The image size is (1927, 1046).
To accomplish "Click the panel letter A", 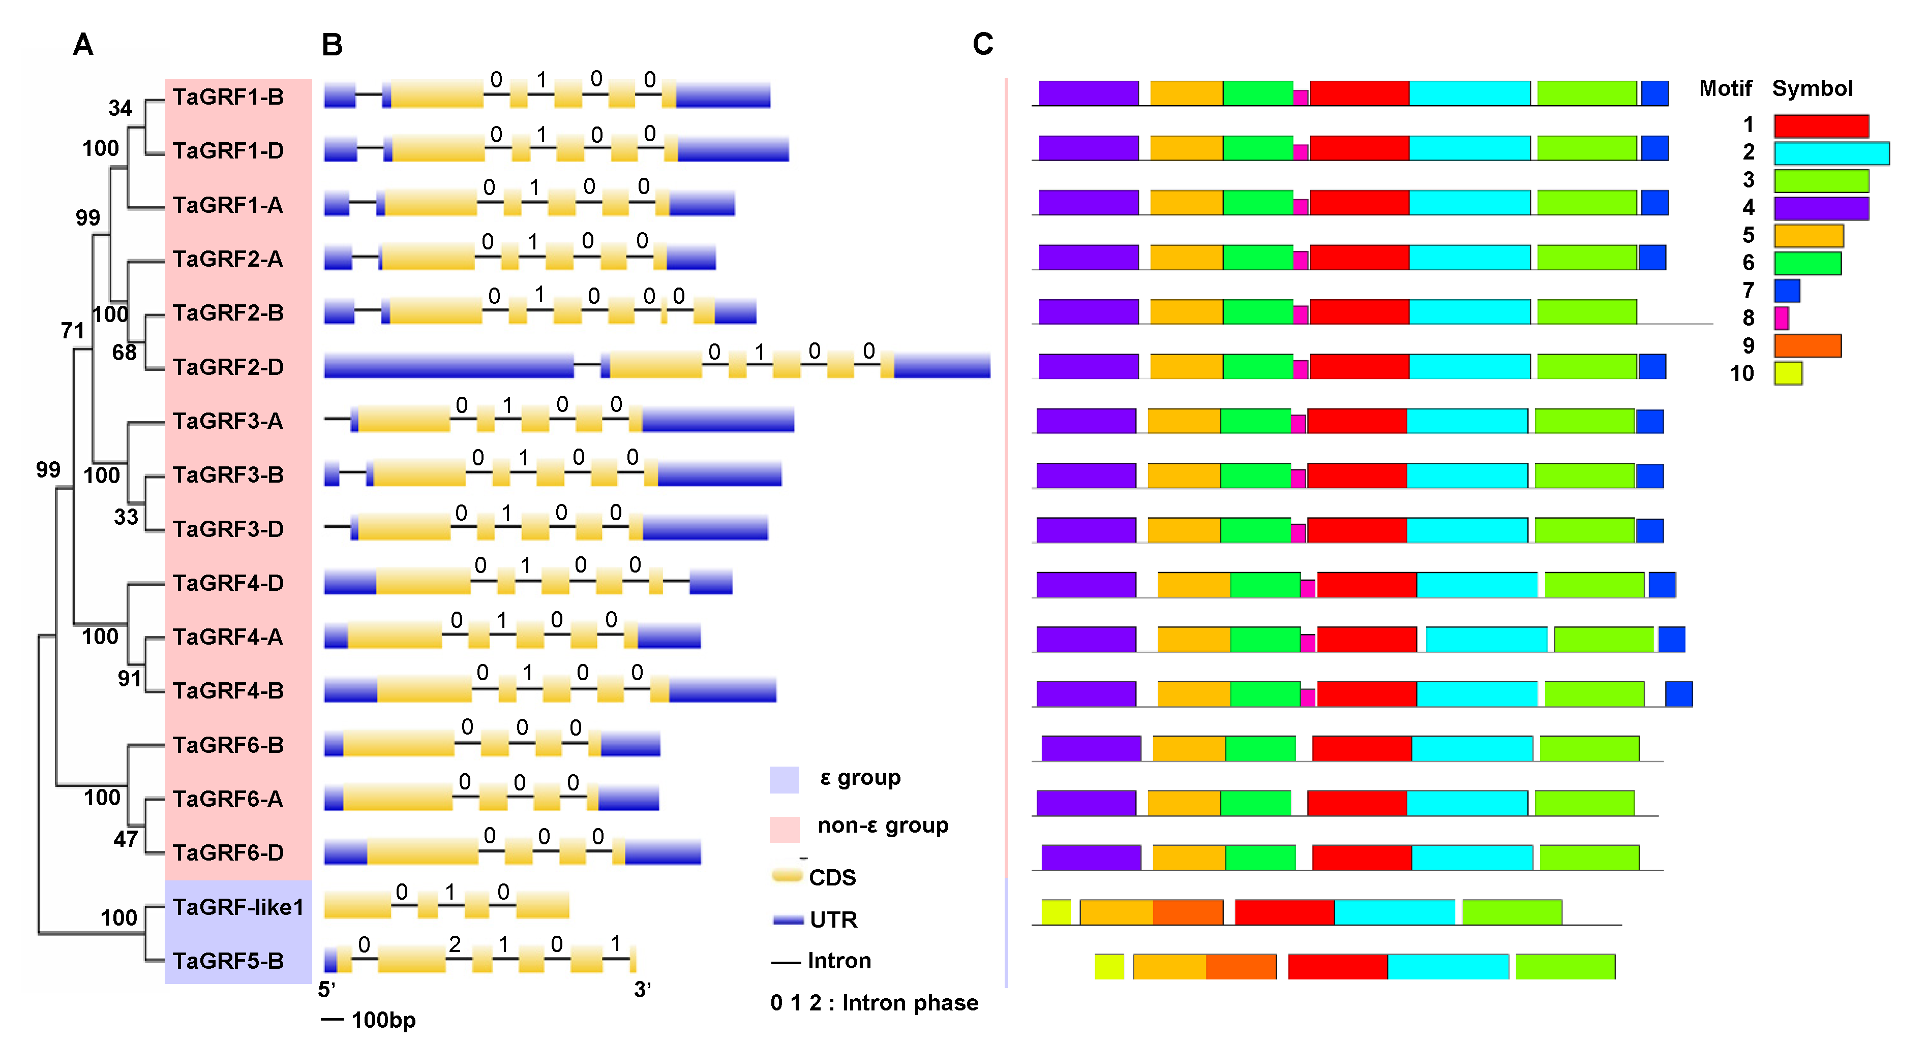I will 83,45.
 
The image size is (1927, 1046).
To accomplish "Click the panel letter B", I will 332,45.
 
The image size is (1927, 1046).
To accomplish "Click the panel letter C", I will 982,44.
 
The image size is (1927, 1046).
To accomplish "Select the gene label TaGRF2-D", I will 228,367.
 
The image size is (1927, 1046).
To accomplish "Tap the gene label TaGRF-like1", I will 238,907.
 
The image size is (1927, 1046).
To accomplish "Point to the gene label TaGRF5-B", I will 228,961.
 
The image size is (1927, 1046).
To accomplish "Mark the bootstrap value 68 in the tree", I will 124,352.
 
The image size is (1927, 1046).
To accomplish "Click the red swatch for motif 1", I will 1821,125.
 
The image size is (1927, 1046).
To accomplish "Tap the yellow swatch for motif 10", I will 1787,373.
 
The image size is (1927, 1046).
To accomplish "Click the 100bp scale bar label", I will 383,1020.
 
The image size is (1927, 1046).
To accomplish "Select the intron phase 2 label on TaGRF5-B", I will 455,944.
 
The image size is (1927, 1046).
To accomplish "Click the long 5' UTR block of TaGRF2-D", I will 449,366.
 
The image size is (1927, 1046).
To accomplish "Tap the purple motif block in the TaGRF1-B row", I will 1089,93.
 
